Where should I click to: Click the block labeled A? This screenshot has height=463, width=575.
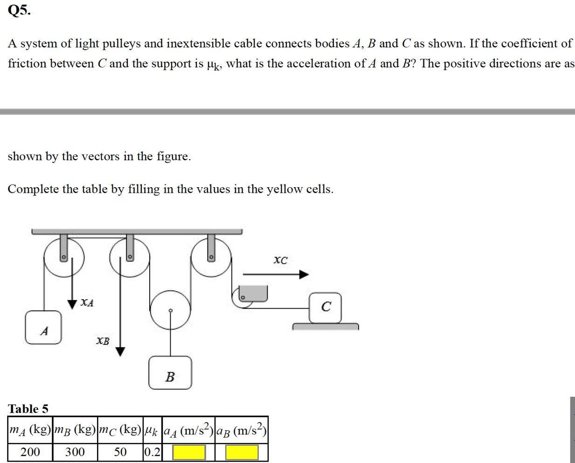43,328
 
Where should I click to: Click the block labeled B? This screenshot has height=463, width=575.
170,373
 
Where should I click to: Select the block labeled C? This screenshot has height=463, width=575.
326,308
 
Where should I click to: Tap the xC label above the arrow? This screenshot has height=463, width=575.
280,260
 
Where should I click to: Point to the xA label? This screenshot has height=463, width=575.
87,302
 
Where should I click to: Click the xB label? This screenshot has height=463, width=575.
103,341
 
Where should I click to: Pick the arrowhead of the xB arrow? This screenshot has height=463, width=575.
120,351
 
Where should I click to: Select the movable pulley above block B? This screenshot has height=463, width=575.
171,310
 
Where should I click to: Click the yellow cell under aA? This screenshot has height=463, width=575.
189,452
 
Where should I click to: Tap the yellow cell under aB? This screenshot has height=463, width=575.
242,452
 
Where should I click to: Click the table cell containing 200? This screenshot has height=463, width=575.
30,452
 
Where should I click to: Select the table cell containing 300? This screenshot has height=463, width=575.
75,452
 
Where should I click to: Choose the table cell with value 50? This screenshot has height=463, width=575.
120,452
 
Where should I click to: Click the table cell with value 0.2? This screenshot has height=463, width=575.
152,452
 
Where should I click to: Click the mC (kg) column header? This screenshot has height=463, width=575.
120,430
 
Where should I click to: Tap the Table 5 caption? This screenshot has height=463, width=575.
28,409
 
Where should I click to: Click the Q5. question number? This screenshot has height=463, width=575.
19,10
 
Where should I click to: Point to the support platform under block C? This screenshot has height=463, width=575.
326,327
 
